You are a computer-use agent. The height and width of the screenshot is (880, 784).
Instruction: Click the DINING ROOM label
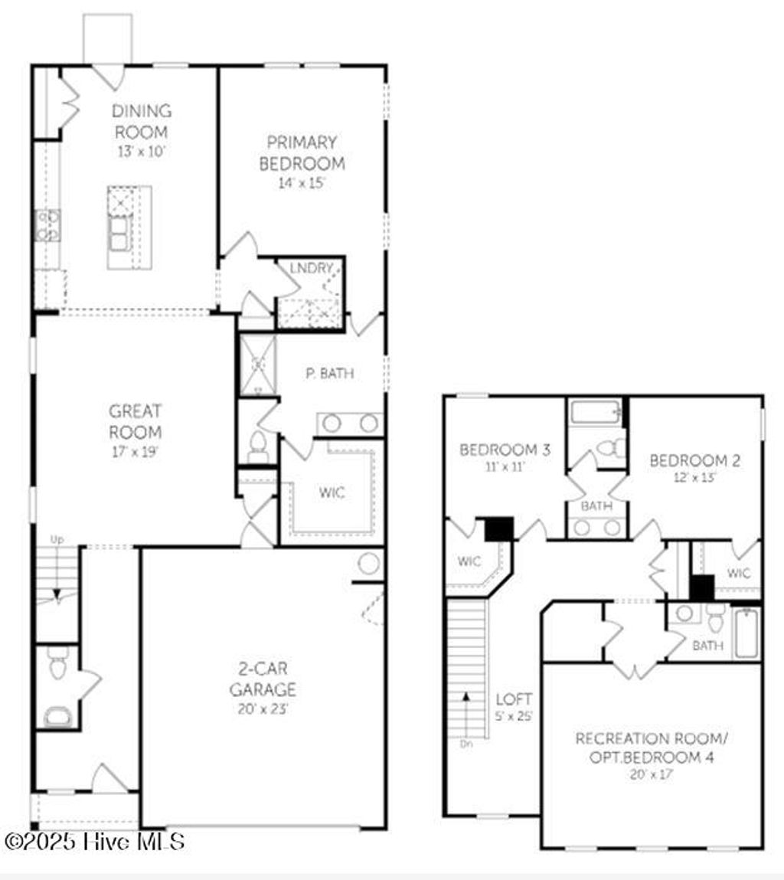pos(141,121)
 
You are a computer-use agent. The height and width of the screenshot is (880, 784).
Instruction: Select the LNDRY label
pos(311,268)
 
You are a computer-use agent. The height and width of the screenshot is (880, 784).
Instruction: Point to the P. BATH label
pos(329,374)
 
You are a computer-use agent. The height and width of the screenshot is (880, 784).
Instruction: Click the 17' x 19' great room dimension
pos(135,451)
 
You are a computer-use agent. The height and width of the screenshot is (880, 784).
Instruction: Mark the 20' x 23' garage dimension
pos(263,708)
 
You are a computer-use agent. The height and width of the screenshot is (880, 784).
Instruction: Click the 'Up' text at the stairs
pos(57,540)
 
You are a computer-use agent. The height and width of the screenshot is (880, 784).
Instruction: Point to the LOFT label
pos(514,699)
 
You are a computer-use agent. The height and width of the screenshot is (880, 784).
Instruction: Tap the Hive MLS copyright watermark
pos(93,842)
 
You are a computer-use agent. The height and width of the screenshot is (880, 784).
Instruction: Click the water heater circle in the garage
pos(369,564)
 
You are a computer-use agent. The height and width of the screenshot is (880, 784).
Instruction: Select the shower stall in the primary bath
pos(257,365)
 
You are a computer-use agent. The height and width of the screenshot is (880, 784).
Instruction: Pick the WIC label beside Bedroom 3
pos(469,561)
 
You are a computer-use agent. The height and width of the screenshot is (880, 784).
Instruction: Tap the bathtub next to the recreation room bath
pos(747,633)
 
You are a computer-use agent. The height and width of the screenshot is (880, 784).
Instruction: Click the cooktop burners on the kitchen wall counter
pos(47,225)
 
